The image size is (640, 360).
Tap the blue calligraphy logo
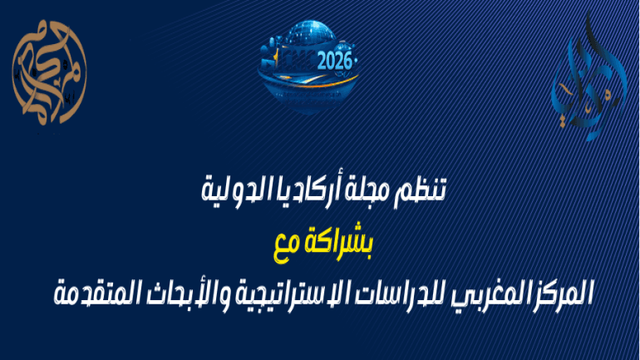click(585, 80)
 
